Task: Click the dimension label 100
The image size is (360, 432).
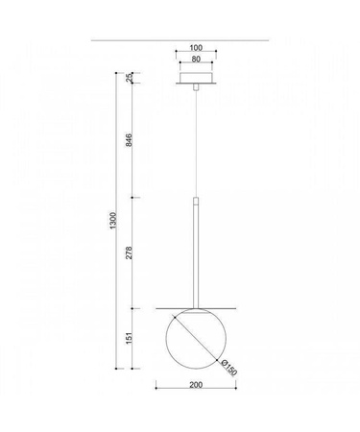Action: pyautogui.click(x=196, y=47)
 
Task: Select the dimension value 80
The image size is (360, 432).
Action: pyautogui.click(x=196, y=60)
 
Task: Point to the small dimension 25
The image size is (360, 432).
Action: pyautogui.click(x=129, y=78)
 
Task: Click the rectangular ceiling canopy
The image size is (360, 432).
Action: pyautogui.click(x=196, y=78)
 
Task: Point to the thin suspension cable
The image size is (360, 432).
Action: pyautogui.click(x=196, y=144)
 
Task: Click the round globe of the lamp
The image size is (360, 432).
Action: pyautogui.click(x=196, y=341)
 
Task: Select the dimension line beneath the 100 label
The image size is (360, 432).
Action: pyautogui.click(x=196, y=54)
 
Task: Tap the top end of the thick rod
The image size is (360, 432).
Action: pyautogui.click(x=196, y=200)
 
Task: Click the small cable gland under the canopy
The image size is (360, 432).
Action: pyautogui.click(x=196, y=86)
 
